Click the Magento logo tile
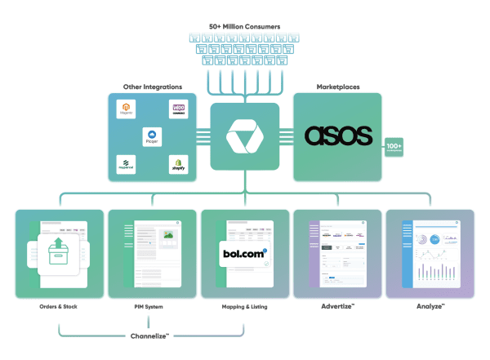(x=126, y=109)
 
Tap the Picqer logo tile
(x=152, y=136)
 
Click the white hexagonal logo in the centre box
(x=245, y=136)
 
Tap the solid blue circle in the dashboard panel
(x=436, y=239)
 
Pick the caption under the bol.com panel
(x=244, y=308)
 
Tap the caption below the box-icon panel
(x=58, y=308)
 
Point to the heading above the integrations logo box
(x=152, y=86)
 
